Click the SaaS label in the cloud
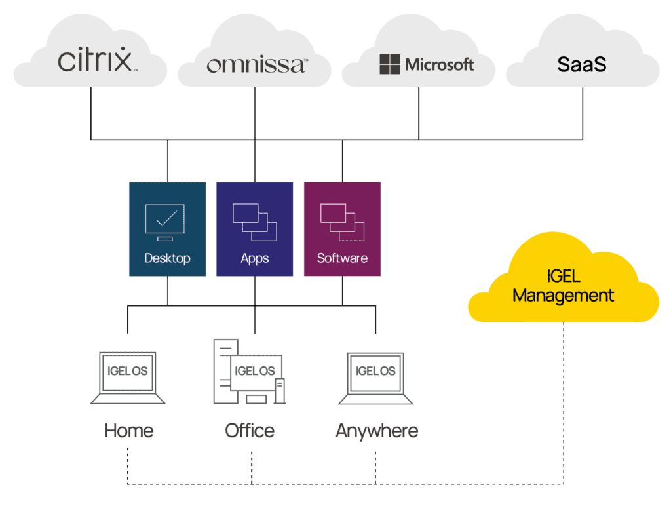tap(582, 64)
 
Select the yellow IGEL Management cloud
tap(564, 282)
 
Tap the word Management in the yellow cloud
tap(564, 296)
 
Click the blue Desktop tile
tap(168, 229)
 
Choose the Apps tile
tap(255, 229)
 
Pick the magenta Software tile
tap(342, 229)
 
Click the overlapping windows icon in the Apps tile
tap(255, 222)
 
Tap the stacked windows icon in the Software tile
tap(342, 222)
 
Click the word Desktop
tap(168, 258)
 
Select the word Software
tap(342, 258)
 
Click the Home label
tap(129, 431)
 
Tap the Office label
tap(250, 431)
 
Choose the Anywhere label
tap(376, 431)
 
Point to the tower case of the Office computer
tap(223, 370)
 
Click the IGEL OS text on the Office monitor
tap(256, 371)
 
